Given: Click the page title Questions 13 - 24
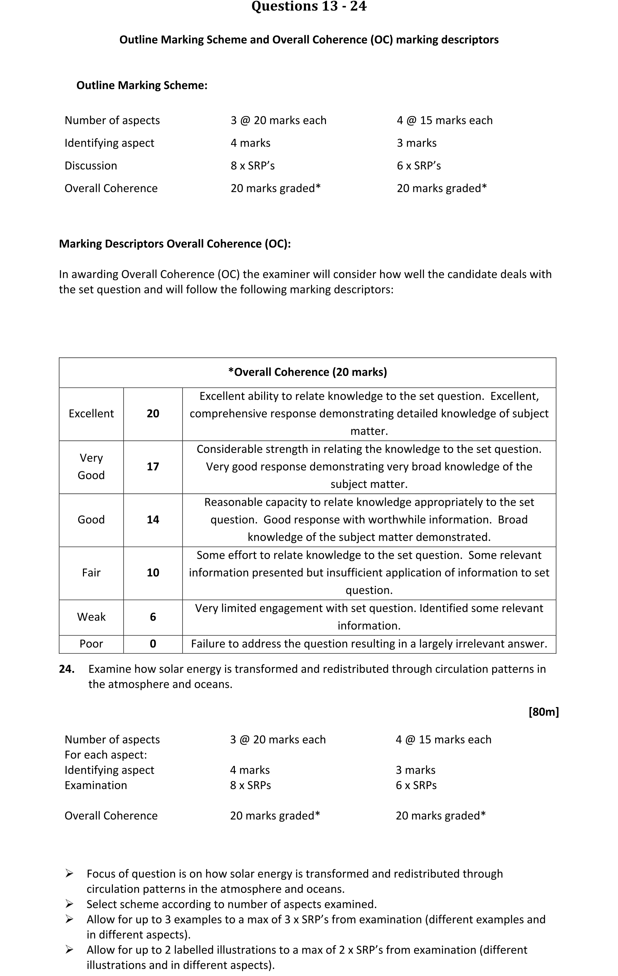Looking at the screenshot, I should click(309, 6).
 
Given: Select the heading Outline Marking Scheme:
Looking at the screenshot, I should click(142, 85).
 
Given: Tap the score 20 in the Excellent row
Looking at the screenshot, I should click(153, 414).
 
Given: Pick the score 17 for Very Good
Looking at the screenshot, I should click(153, 467).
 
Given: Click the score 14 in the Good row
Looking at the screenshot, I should click(153, 520).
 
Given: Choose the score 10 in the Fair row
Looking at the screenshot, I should click(153, 573).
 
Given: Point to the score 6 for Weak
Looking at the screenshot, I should click(153, 617).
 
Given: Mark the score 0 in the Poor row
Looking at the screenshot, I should click(153, 644).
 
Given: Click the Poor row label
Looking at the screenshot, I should click(91, 644).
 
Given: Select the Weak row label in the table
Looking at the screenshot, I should click(91, 617).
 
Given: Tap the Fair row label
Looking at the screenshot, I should click(91, 573).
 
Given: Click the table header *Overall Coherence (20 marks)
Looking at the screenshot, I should click(308, 372).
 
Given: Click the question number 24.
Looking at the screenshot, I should click(67, 669).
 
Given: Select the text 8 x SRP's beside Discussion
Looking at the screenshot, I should click(253, 166).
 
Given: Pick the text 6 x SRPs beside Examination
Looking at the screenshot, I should click(416, 785).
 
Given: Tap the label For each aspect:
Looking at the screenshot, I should click(106, 755).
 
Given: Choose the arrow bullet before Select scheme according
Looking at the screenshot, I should click(69, 904).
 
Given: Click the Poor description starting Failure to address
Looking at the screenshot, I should click(369, 644).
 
